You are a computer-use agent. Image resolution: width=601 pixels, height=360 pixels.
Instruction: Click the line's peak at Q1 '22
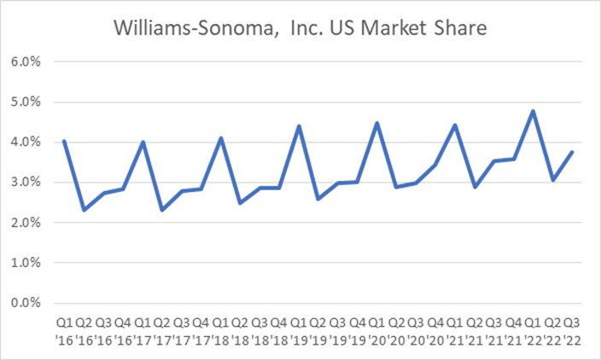click(534, 111)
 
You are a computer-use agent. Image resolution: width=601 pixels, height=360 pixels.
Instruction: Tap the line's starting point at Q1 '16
click(64, 141)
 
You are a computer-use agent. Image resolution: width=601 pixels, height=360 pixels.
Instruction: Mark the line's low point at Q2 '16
click(84, 210)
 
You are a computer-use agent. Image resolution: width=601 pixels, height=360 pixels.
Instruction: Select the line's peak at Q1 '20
click(376, 123)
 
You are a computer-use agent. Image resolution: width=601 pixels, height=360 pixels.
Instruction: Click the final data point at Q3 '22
click(572, 152)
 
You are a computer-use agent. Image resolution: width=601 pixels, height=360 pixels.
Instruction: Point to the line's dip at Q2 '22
click(553, 180)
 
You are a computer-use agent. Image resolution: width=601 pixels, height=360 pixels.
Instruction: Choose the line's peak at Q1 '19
click(299, 126)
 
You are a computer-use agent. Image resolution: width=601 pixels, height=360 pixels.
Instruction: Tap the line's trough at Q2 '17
click(162, 210)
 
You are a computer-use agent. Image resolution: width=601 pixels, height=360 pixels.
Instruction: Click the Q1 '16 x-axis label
click(64, 331)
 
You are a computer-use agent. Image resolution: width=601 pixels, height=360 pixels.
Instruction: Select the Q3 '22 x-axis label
click(572, 331)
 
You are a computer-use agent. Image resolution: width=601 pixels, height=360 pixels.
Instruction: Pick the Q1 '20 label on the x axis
click(376, 331)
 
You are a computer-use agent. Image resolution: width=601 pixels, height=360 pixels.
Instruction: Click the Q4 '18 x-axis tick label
click(279, 331)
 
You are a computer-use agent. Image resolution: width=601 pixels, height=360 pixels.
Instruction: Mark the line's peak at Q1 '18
click(220, 138)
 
